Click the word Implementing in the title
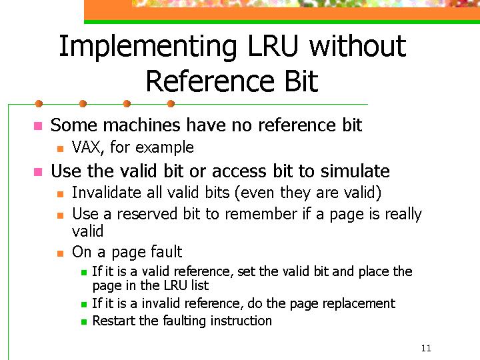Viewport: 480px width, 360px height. click(148, 47)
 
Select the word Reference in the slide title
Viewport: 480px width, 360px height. click(210, 81)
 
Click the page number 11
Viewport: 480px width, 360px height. click(426, 348)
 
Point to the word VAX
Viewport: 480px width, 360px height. click(87, 147)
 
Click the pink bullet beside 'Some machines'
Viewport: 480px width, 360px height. click(38, 126)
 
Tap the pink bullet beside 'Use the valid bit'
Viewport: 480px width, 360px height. click(38, 172)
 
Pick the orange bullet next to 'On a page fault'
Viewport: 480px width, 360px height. click(60, 253)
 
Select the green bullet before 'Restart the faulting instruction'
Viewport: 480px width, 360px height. click(84, 322)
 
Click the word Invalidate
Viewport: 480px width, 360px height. click(107, 193)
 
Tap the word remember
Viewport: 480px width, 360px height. click(261, 214)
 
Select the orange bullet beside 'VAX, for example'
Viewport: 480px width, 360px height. click(60, 149)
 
